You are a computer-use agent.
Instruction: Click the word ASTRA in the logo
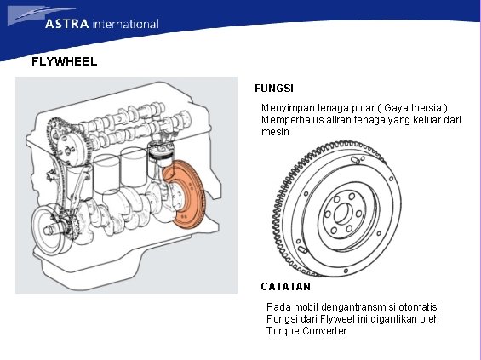pos(67,24)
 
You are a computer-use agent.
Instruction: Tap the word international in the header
pos(125,24)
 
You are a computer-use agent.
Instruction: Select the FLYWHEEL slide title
pos(65,61)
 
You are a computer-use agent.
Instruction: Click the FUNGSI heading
pos(274,89)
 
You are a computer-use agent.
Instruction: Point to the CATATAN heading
pos(285,287)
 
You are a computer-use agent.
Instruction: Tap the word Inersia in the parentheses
pos(427,107)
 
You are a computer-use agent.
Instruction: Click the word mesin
pos(275,132)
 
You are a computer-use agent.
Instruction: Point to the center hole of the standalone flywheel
pos(342,214)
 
